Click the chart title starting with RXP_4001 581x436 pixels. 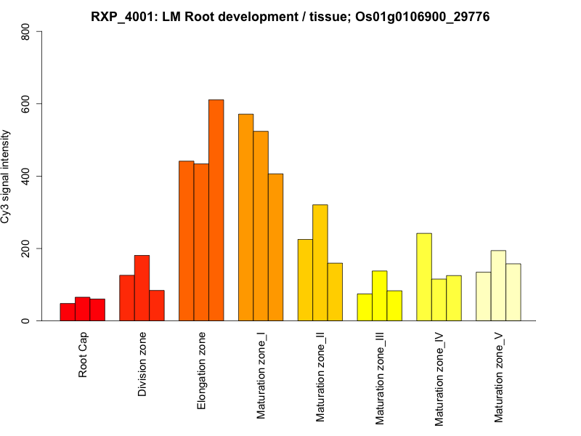click(290, 16)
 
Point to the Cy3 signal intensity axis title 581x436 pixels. click(6, 176)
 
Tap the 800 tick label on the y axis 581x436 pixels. click(26, 32)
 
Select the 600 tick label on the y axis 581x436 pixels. click(26, 104)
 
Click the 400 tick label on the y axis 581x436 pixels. click(26, 176)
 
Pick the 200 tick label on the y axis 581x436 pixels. click(26, 249)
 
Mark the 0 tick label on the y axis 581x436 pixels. click(26, 320)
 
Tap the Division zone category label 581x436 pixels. click(142, 365)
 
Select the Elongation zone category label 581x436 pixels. click(202, 370)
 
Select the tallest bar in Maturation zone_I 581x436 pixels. click(245, 217)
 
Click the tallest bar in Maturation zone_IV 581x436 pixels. click(424, 277)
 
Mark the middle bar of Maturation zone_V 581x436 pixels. click(498, 286)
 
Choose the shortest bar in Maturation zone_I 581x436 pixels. click(275, 247)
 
